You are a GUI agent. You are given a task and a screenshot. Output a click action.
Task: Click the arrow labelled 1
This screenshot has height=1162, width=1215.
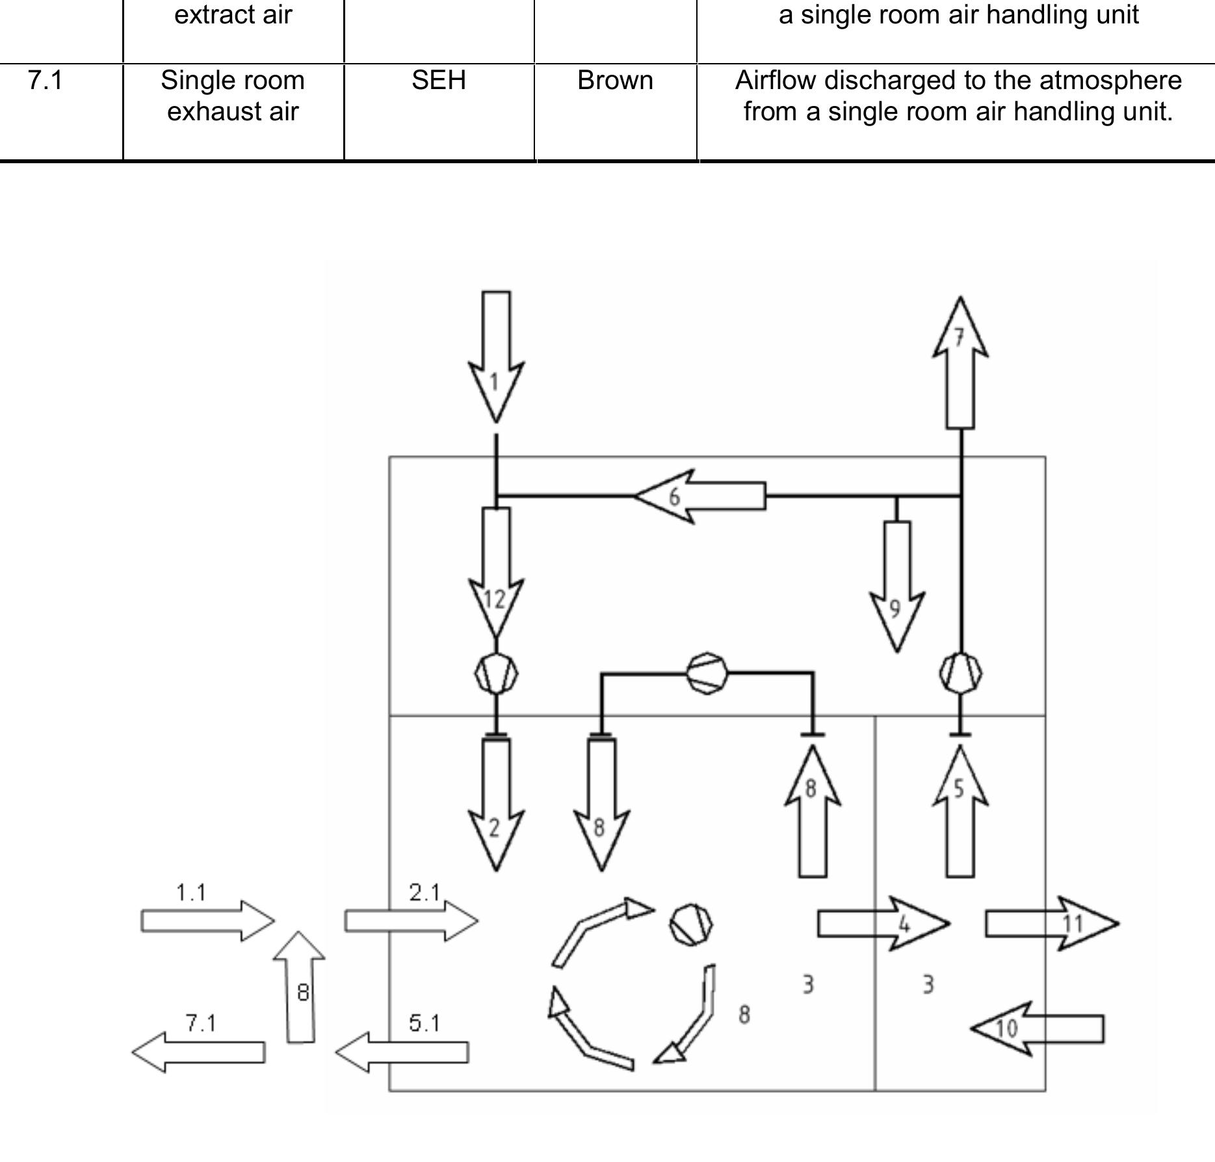click(496, 356)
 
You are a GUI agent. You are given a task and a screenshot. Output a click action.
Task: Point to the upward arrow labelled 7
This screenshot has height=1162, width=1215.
click(961, 362)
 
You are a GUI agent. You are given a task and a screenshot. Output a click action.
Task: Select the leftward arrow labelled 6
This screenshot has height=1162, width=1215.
click(700, 496)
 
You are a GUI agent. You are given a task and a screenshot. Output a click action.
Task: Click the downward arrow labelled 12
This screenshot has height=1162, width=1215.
click(496, 572)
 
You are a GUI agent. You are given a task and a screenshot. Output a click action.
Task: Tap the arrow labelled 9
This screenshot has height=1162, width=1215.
click(897, 587)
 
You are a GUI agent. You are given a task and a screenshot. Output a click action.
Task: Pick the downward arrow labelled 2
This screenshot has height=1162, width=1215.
click(496, 804)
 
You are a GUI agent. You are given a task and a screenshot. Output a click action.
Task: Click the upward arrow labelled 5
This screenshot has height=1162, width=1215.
click(961, 811)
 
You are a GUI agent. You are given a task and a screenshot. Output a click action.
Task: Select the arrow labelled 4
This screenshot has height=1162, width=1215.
click(883, 923)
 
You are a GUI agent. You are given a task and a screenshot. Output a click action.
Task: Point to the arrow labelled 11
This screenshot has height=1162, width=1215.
click(1052, 923)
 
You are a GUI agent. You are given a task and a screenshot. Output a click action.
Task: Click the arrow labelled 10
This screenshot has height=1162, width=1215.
click(1037, 1029)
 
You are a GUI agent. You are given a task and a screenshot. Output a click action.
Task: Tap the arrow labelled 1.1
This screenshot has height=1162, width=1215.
click(208, 921)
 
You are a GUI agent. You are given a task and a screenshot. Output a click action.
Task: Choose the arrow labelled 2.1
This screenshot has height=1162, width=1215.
click(412, 921)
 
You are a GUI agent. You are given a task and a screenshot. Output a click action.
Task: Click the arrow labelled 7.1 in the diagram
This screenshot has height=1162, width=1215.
click(198, 1052)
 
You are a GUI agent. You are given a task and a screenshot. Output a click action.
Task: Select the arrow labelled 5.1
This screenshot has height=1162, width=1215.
click(402, 1052)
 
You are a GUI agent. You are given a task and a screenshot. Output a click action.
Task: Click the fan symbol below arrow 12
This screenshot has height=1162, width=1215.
click(496, 674)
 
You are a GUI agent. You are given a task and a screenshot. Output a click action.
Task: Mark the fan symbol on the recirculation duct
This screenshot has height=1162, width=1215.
click(707, 674)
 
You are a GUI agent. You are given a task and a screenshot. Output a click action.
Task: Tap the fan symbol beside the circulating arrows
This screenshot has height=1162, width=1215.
click(691, 924)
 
